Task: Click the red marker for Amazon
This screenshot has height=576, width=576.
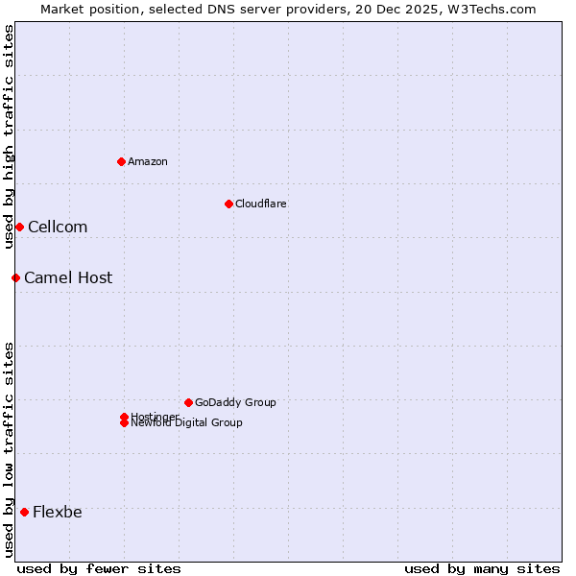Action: [121, 161]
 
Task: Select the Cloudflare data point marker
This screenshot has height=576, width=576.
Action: [228, 204]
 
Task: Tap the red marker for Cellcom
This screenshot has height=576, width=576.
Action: [19, 227]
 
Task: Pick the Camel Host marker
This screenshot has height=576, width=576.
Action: [15, 277]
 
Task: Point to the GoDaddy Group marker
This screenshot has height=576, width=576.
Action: [188, 402]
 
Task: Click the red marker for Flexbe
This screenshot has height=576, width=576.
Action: [24, 512]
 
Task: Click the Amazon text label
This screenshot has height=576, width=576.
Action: [148, 161]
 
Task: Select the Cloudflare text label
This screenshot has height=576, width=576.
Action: [261, 204]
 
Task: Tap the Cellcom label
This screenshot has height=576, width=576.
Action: [58, 227]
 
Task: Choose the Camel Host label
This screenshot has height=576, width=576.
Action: [68, 277]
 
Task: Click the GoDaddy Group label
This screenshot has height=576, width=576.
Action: [235, 402]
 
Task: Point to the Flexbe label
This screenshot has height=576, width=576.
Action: [58, 512]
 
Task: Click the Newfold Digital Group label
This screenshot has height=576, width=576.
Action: [187, 423]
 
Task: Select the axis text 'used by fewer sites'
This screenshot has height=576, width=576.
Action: [99, 568]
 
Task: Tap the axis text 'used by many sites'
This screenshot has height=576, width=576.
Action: [482, 568]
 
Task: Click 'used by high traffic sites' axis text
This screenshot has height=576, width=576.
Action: [9, 136]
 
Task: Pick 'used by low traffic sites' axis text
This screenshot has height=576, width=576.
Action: [9, 448]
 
